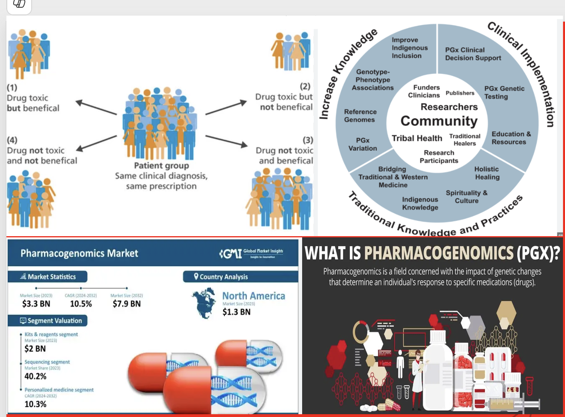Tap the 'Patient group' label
pos(161,166)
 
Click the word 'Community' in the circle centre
pos(439,121)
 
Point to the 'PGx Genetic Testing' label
pos(504,93)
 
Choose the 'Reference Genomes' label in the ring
pos(360,116)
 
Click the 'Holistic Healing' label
pos(487,173)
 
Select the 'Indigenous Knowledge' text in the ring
pos(420,203)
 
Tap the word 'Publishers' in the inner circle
pos(460,93)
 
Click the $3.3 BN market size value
pos(36,304)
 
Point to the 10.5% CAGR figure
pos(81,304)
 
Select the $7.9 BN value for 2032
pos(127,304)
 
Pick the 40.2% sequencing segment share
pos(35,377)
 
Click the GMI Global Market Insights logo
pos(251,253)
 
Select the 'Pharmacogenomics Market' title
pos(79,253)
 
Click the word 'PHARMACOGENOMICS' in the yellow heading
pos(439,253)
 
